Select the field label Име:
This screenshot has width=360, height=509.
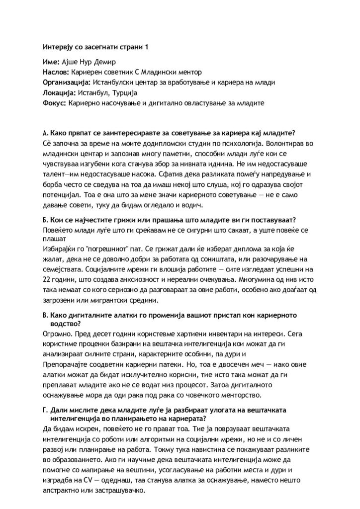[51, 63]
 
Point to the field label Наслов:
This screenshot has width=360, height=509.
[56, 73]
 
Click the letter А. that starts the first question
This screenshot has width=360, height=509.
[45, 133]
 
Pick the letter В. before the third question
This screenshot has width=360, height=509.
[45, 315]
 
